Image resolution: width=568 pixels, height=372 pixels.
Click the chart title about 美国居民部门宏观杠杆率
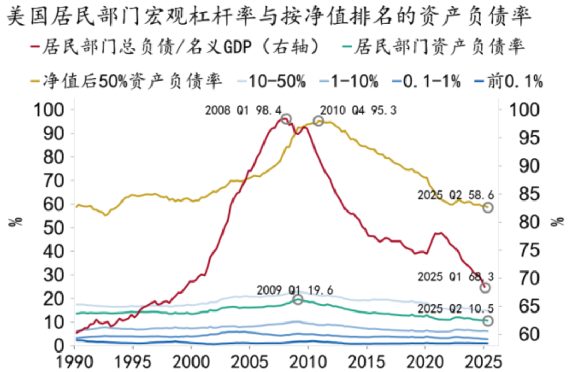point(268,17)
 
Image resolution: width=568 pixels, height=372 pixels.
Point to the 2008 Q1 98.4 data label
point(240,110)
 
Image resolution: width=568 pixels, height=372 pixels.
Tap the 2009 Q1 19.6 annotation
point(295,290)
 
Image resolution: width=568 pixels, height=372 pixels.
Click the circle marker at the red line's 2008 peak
point(286,119)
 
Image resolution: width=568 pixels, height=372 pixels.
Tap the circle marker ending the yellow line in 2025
point(488,207)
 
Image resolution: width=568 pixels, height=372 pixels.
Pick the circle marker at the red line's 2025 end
point(485,287)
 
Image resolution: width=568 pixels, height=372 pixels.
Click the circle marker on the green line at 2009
point(298,299)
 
